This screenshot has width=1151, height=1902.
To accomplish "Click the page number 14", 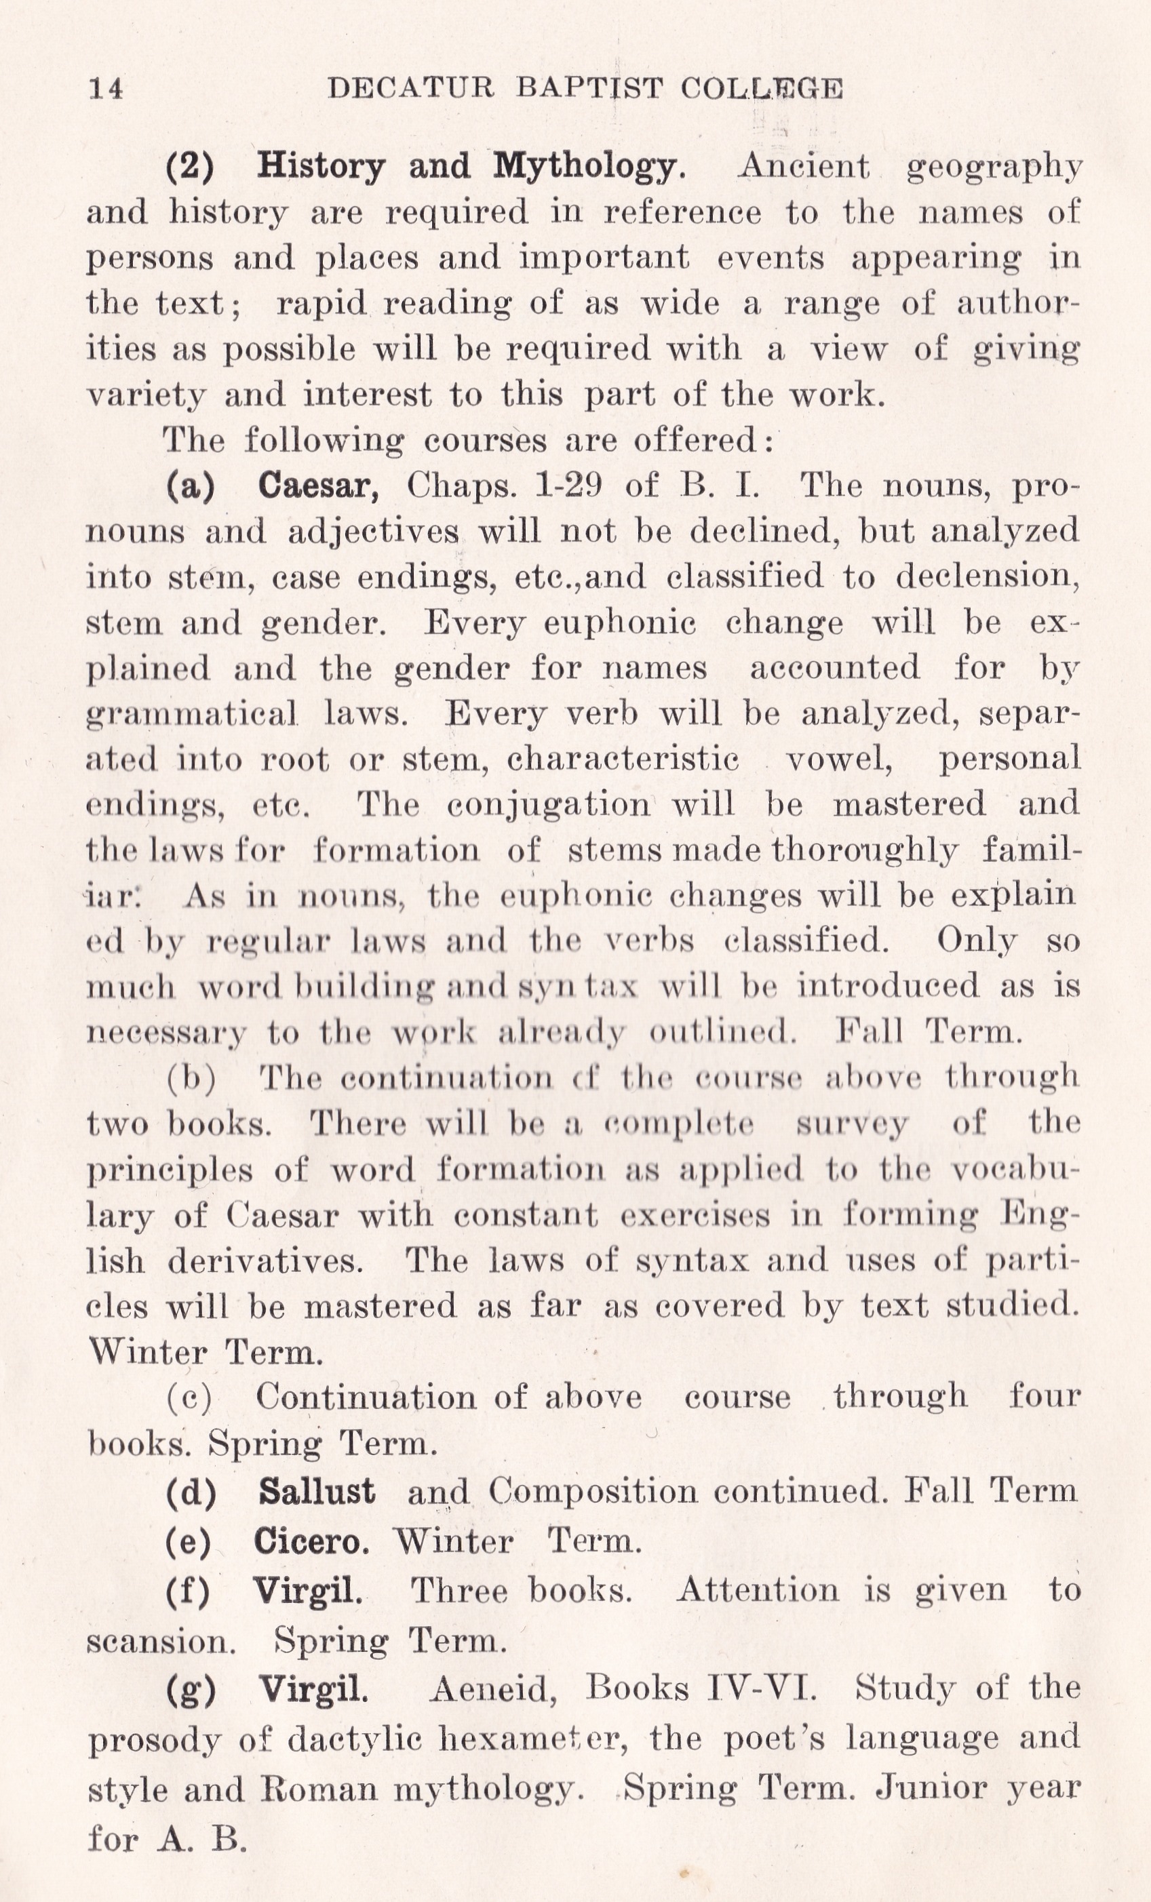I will (x=106, y=89).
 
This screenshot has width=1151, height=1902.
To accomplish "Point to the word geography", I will (x=994, y=167).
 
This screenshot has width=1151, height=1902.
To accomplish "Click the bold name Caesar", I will (x=318, y=486).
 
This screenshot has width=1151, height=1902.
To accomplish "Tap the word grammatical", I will (x=192, y=714).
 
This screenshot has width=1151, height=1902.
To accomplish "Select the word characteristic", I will (x=623, y=759).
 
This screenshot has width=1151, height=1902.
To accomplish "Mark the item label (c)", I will (x=189, y=1398).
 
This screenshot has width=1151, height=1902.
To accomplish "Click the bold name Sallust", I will (x=317, y=1490).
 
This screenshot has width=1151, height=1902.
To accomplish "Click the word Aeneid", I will (x=492, y=1689).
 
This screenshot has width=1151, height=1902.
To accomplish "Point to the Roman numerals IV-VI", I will (x=761, y=1688).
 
